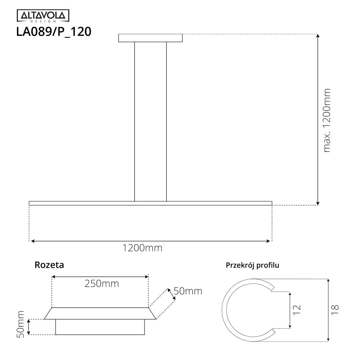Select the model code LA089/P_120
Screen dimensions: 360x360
(x=53, y=31)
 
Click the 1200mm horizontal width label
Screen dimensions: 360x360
(x=142, y=248)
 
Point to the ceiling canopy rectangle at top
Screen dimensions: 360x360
(x=150, y=38)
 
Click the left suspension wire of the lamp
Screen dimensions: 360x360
(x=134, y=120)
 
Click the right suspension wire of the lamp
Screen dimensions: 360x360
(x=166, y=120)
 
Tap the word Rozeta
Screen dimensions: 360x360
(x=49, y=265)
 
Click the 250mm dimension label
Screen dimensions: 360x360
(x=101, y=283)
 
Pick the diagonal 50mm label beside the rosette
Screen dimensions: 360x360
(x=188, y=291)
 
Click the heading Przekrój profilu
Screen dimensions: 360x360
(x=252, y=265)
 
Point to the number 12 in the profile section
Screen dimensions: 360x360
(x=296, y=309)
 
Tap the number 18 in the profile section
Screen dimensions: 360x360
(x=335, y=309)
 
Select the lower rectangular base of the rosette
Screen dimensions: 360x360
(x=100, y=327)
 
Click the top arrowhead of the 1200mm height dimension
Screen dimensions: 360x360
(x=318, y=36)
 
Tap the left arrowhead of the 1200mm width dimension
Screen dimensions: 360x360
(x=33, y=241)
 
